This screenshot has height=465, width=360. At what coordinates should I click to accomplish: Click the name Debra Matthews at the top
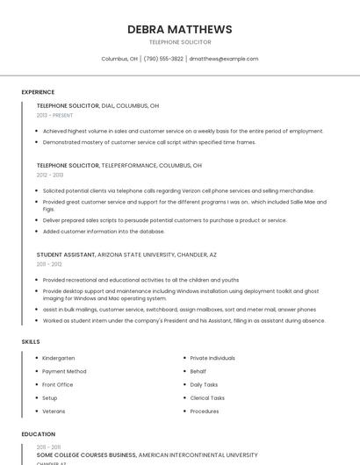coord(180,29)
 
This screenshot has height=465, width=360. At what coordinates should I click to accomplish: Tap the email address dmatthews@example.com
coord(224,59)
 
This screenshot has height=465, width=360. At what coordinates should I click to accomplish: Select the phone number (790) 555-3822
coord(163,59)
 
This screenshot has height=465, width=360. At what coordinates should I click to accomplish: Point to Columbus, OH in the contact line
coord(119,59)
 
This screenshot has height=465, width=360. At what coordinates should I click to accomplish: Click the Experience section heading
coord(38,92)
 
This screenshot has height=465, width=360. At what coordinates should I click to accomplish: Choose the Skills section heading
coord(31,341)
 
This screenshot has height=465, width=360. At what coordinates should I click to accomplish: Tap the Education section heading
coord(39,434)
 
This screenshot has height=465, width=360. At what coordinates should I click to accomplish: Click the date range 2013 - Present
coord(54,115)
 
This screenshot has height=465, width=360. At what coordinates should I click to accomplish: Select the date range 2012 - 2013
coord(50,175)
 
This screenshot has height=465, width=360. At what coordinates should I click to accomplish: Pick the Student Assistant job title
coord(65,254)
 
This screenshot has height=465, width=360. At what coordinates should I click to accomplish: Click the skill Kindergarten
coord(58,358)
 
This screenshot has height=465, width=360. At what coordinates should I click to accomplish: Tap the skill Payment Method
coord(64,371)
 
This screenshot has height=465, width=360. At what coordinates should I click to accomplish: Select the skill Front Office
coord(58,384)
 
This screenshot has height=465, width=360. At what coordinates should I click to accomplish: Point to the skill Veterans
coord(54,411)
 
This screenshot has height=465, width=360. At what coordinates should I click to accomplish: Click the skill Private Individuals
coord(212,358)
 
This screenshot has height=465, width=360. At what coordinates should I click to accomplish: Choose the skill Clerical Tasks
coord(207,397)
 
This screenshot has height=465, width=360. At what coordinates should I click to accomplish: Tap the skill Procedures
coord(205,411)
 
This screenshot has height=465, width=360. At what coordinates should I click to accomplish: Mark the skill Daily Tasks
coord(204,384)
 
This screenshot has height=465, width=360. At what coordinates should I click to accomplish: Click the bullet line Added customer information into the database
coord(104,232)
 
